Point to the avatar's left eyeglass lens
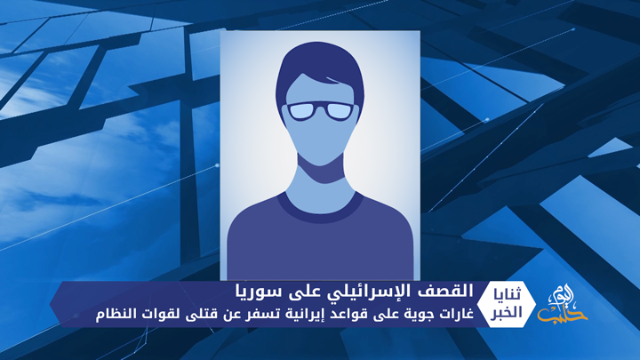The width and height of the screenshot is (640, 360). point(304,112)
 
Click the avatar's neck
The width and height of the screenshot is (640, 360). point(320,173)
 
